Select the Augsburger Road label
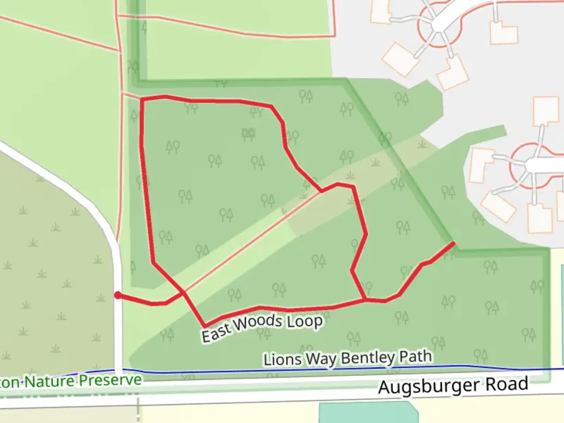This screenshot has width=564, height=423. [x=453, y=386]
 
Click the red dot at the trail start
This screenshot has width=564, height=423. [x=117, y=295]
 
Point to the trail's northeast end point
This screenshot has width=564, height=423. [x=454, y=243]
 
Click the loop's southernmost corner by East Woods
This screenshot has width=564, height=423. [x=204, y=326]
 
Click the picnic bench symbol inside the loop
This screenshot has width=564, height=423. [x=248, y=134]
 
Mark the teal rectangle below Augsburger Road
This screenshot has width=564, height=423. [x=368, y=413]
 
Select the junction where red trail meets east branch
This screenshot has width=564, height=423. [x=365, y=300]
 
